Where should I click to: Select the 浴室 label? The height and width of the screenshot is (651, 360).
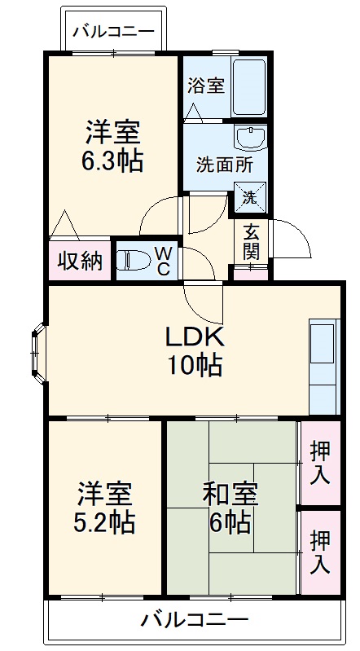tap(206, 86)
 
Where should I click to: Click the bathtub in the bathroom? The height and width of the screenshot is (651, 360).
tap(249, 86)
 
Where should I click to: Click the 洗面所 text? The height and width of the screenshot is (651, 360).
tap(224, 163)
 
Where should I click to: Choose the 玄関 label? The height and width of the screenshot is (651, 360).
tap(252, 240)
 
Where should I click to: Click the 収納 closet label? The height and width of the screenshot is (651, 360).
tap(79, 261)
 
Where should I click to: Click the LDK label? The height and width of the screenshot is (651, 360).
tap(195, 336)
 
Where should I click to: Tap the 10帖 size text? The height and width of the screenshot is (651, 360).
tap(195, 366)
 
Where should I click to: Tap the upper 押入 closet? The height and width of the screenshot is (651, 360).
tap(320, 462)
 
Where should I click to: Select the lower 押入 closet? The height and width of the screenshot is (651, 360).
tap(320, 550)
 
